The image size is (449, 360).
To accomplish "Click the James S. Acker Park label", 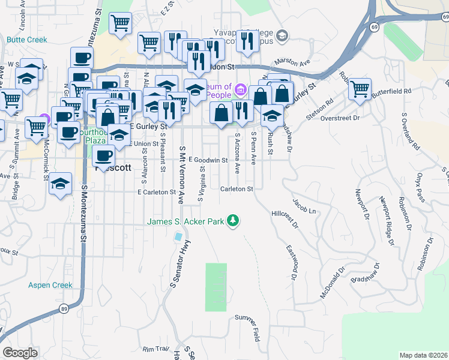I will [186, 222].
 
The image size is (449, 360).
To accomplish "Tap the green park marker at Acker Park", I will [233, 222].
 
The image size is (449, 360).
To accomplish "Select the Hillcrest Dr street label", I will [285, 219].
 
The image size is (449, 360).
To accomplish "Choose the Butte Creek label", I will [27, 40].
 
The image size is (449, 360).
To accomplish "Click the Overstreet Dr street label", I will [340, 118].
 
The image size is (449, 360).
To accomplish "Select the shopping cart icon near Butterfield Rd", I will [359, 89].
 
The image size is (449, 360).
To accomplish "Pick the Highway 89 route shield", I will [63, 308].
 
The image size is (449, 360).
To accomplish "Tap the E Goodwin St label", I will [208, 160].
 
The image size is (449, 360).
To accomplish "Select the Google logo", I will [20, 352].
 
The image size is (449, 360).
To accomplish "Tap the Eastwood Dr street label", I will [292, 262].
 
